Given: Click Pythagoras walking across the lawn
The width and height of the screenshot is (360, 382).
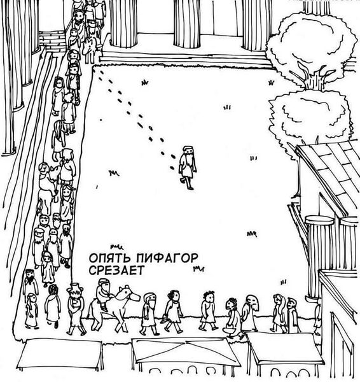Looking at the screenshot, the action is coord(188,167).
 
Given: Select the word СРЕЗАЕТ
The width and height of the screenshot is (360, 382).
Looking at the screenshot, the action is coord(116,271).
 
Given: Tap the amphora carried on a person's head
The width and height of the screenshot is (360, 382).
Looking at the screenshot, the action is coord(75,290).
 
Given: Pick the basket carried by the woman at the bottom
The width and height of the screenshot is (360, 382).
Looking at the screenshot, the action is coord(229,330).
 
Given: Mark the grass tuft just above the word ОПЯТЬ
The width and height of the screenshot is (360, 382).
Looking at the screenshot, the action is coord(117,247).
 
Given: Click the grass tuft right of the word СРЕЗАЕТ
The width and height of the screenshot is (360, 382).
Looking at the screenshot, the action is coord(198,269).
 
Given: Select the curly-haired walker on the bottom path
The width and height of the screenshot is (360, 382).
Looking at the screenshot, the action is coord(208,311).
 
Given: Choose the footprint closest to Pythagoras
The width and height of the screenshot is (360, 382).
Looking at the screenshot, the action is coord(172,167).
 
